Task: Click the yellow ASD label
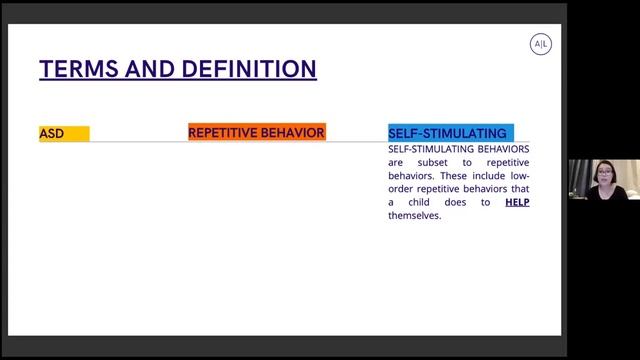[x=52, y=133]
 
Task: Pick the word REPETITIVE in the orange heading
[x=221, y=132]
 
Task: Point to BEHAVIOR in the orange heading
[x=294, y=132]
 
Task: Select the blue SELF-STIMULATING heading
[x=447, y=133]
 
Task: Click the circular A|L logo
[x=540, y=44]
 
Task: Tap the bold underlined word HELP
[x=517, y=202]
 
